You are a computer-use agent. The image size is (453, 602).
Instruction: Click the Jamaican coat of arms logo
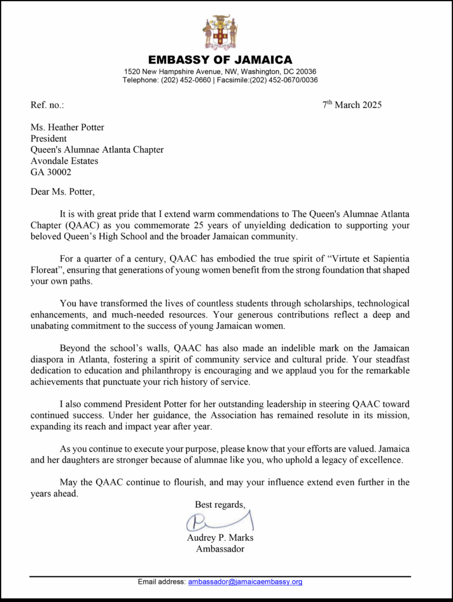(220, 32)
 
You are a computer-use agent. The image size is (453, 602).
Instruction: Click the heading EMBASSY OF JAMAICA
(220, 60)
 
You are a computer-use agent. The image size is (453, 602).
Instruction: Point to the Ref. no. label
(47, 105)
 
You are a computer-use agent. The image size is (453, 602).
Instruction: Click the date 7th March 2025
(352, 105)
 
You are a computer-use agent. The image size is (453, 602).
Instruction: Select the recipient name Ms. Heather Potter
(67, 128)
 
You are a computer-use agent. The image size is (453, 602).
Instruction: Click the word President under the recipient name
(49, 139)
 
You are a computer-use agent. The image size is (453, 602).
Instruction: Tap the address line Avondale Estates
(64, 161)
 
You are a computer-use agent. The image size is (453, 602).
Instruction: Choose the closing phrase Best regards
(220, 504)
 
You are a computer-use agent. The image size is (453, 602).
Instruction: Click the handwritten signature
(219, 521)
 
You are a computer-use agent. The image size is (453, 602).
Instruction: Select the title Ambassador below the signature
(220, 549)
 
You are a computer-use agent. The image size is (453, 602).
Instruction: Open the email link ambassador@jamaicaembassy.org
(245, 582)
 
